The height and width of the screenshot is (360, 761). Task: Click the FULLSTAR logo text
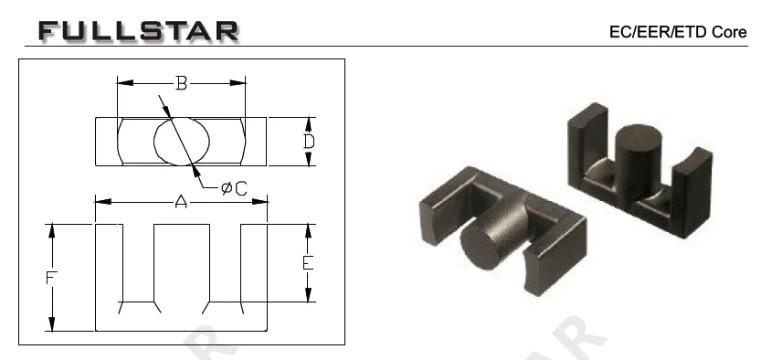coord(139,30)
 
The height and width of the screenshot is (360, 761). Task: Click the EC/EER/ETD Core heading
coord(678,32)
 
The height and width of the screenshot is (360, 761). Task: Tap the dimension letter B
coord(181,83)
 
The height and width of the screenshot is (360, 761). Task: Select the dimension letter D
coord(309,142)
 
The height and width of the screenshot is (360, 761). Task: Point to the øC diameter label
coord(235,187)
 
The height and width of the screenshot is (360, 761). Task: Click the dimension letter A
coord(181,201)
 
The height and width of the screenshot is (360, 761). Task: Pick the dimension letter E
coord(308,263)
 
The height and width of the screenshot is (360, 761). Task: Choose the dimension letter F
coord(51,278)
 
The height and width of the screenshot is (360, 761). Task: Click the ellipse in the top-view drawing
coord(182,142)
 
